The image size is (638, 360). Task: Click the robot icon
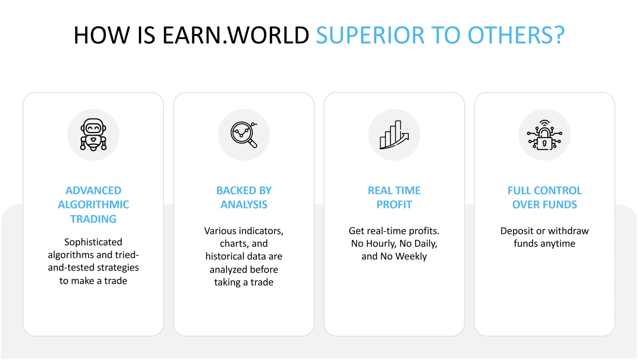coord(93,135)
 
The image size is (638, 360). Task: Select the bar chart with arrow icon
coord(394,135)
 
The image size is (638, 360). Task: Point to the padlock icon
coord(545,135)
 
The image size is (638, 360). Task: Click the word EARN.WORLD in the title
coord(236,35)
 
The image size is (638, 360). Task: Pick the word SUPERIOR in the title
coord(370,35)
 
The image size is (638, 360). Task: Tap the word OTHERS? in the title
coord(516,35)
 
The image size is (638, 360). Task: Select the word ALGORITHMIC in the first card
coord(93,205)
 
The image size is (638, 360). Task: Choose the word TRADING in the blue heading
coord(93,219)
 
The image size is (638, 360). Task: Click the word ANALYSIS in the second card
coord(244,205)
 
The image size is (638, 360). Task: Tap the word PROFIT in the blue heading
coord(394,205)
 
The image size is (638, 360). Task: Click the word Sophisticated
coord(93,242)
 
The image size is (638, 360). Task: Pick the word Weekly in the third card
coord(411,257)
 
